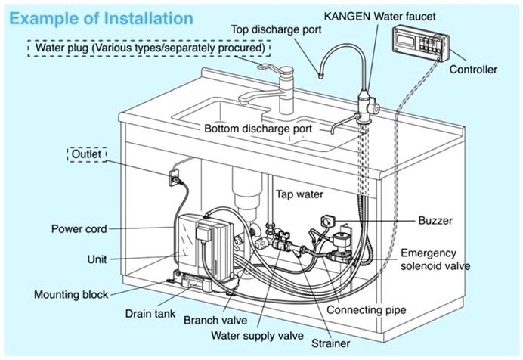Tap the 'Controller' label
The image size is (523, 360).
(473, 70)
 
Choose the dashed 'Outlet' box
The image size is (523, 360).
(88, 154)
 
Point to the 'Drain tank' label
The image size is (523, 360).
(150, 312)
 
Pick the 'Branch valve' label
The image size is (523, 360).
(215, 320)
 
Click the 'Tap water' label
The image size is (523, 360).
(299, 194)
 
